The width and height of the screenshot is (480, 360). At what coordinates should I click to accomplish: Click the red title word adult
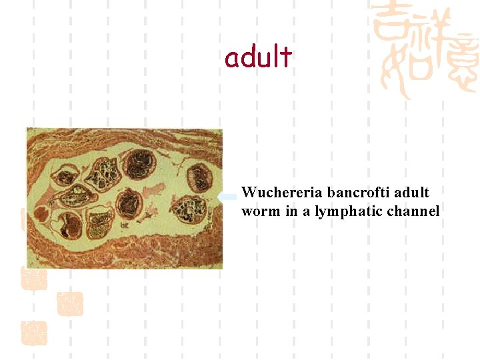[x=258, y=58]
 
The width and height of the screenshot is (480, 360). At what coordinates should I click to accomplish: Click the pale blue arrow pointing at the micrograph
[x=229, y=196]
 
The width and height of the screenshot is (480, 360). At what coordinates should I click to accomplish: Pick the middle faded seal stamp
[x=70, y=304]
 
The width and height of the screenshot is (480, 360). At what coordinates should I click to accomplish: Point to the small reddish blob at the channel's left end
[x=41, y=215]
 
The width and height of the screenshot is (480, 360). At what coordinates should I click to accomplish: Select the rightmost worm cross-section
[x=199, y=177]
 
